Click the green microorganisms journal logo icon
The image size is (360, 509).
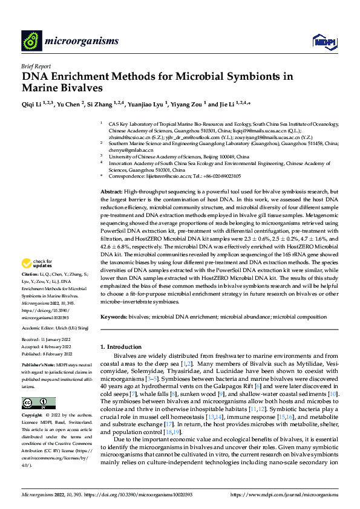[31, 41]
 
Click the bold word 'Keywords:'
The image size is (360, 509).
[114, 317]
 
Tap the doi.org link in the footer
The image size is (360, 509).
[137, 494]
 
